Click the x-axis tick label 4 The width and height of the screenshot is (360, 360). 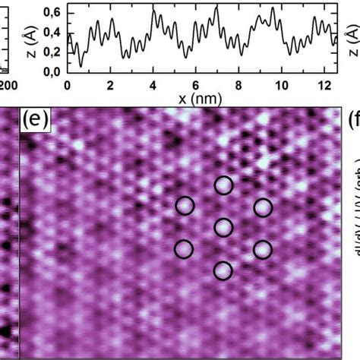click(153, 85)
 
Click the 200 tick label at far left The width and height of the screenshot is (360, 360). click(8, 85)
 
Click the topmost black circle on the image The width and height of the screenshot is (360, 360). click(223, 185)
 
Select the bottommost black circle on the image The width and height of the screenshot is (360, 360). click(223, 270)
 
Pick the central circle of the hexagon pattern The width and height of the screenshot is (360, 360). click(223, 227)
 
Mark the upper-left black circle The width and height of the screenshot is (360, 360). click(185, 206)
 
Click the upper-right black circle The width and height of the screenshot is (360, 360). click(263, 207)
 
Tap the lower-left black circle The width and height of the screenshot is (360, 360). click(185, 248)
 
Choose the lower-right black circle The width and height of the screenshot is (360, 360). click(262, 249)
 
